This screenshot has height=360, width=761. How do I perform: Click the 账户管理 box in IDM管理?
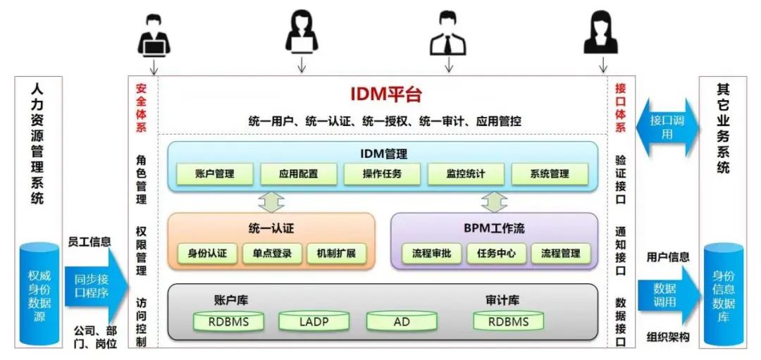coord(214,173)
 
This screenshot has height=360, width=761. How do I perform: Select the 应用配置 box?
coord(298,173)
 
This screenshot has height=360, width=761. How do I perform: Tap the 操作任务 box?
coord(382,173)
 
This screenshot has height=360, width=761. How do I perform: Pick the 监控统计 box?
coord(466,173)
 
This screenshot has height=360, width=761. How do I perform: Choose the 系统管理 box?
coord(550,173)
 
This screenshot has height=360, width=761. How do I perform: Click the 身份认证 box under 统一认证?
coord(202,254)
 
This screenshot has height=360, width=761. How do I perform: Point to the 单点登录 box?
coord(272,254)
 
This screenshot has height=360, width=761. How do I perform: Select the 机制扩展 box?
coord(336,254)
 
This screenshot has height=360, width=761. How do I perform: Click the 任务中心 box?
coord(496,254)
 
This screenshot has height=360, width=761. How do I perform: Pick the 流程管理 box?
coord(561,254)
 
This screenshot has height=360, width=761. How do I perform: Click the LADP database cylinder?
coord(314,322)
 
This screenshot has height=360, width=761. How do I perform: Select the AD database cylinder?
coord(402,322)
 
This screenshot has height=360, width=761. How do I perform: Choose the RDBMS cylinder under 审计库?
coord(507,322)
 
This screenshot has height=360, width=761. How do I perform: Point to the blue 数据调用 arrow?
coord(667,295)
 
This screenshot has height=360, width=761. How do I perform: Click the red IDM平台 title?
coord(385,95)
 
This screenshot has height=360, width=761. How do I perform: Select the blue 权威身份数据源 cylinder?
coord(39,292)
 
